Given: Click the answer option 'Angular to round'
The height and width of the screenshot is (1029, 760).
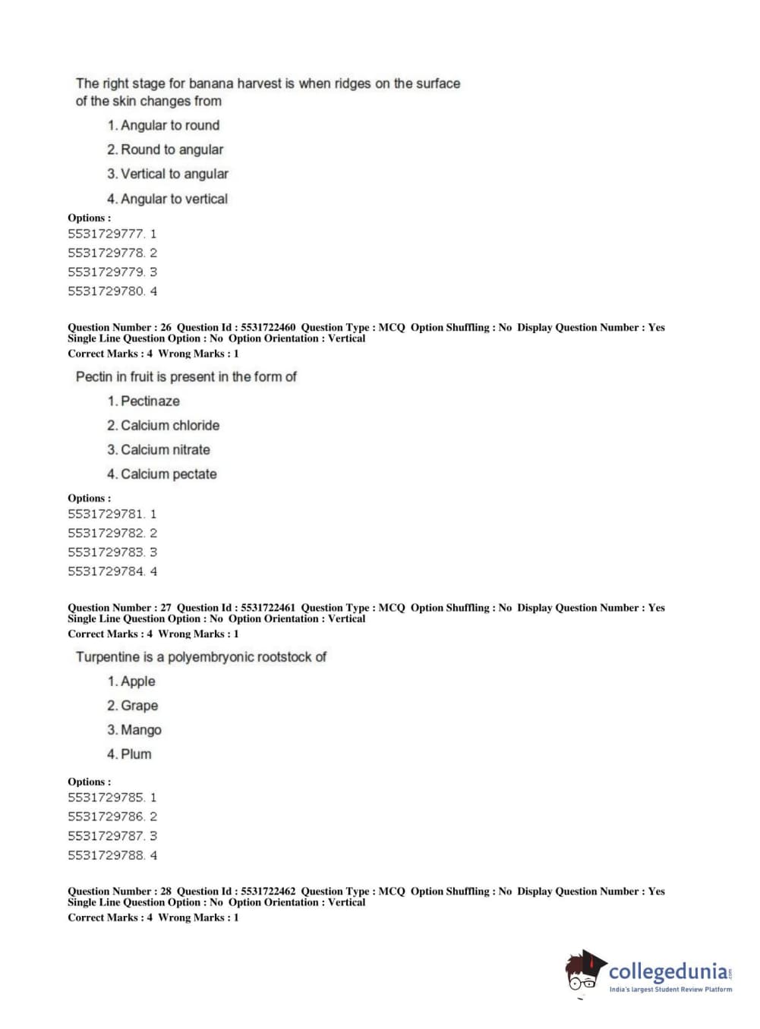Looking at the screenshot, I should (x=169, y=125).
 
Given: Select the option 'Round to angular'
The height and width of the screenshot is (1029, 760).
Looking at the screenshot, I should (x=172, y=149).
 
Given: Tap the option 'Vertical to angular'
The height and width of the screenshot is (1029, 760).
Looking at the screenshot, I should (x=174, y=174).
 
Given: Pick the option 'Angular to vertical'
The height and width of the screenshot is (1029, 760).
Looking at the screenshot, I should (x=174, y=199).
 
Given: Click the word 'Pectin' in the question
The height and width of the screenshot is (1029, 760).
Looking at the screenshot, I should (x=94, y=376).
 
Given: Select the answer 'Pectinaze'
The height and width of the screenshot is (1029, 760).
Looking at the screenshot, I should (x=150, y=401).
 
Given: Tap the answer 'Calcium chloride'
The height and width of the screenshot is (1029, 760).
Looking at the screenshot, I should (x=169, y=425).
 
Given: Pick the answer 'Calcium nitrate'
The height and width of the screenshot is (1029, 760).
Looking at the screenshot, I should (x=165, y=449).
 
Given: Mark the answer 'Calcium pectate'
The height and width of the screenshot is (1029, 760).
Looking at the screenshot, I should (x=169, y=474).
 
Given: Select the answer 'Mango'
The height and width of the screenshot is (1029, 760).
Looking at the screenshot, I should (x=140, y=730).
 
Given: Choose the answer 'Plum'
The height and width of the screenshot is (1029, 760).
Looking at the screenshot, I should (x=136, y=754).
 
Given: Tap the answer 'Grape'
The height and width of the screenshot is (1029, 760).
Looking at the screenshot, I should (x=139, y=706).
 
